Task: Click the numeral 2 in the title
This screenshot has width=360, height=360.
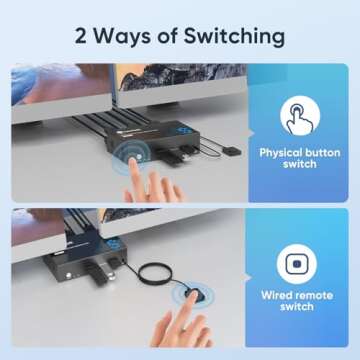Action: (80, 36)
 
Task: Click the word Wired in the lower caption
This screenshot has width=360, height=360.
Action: (279, 296)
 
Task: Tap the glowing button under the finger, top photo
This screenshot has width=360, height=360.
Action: (128, 156)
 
